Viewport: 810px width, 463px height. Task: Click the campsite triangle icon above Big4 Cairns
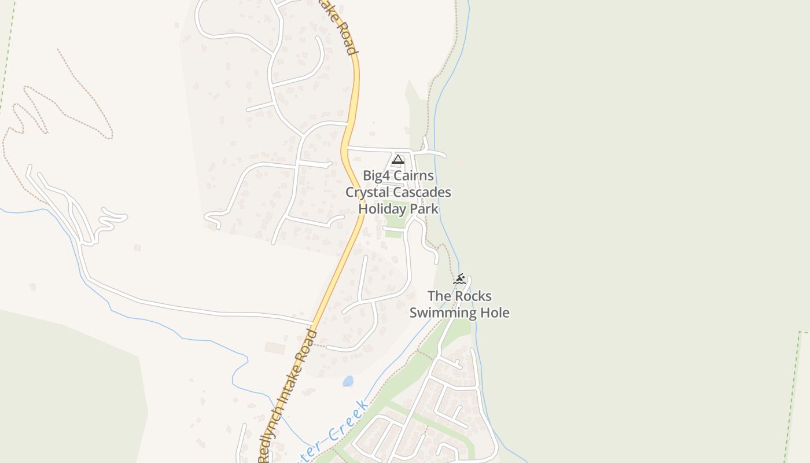[x=397, y=160]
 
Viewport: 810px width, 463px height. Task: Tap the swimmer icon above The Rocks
[x=459, y=280]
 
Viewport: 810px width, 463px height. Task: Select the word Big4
[x=377, y=175]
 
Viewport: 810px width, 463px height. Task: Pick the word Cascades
[x=424, y=192]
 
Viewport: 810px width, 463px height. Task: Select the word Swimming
[x=441, y=313]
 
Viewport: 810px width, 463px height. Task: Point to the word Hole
[x=494, y=313]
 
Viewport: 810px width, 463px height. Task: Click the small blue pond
[x=348, y=381]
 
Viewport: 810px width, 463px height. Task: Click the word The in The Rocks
[x=438, y=296]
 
